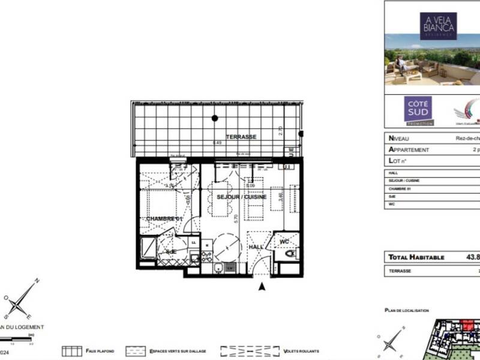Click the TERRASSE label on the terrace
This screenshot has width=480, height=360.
pos(241,137)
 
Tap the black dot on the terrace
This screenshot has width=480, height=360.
pos(214,118)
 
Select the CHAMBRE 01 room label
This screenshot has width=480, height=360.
pos(164,219)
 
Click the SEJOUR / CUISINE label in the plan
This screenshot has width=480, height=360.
pos(241,197)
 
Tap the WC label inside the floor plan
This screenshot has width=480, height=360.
pos(284,241)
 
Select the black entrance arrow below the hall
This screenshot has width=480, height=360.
pos(261,287)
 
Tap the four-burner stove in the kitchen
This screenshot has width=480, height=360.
pos(206,257)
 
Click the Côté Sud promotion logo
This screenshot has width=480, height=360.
pos(418,111)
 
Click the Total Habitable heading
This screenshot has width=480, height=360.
pos(416,257)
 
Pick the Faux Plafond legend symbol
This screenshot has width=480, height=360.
pos(72,351)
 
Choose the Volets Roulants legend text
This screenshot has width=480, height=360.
pos(302,351)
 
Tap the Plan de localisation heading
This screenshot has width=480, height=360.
pos(407,310)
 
